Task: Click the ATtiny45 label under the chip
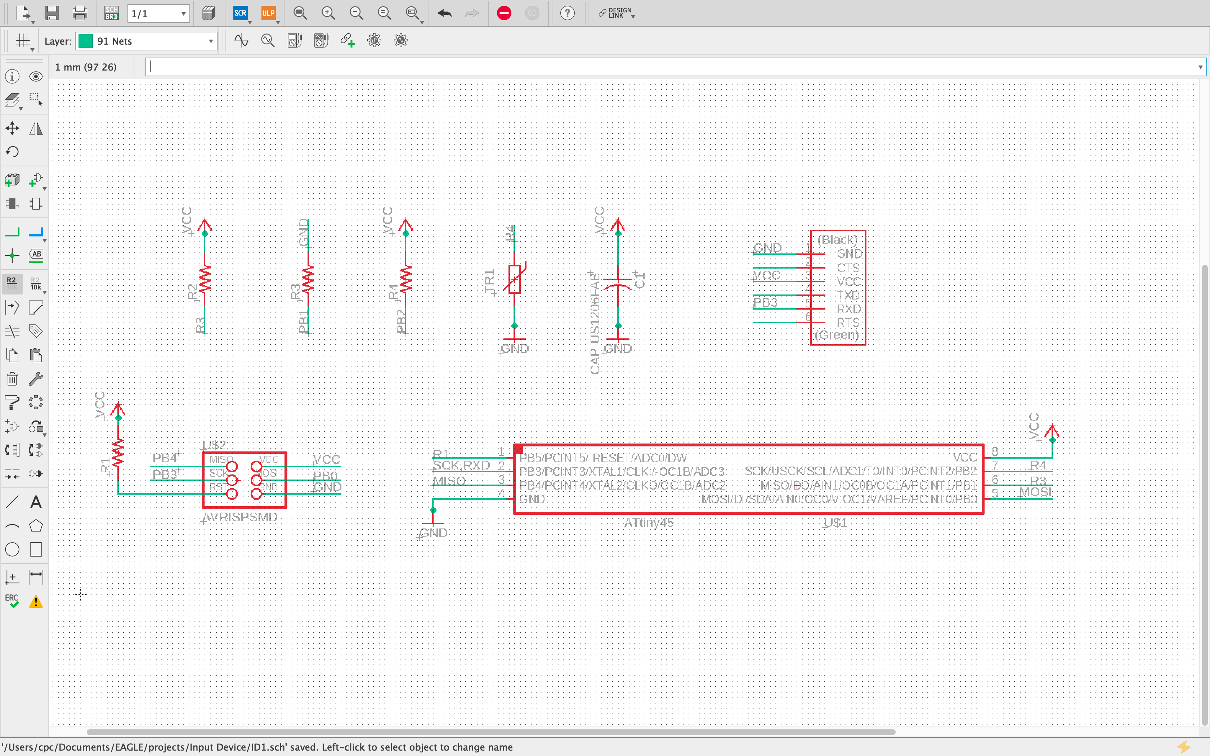pyautogui.click(x=649, y=523)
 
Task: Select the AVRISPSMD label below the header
pyautogui.click(x=240, y=517)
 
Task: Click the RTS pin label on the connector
pyautogui.click(x=848, y=323)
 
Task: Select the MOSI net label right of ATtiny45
pyautogui.click(x=1035, y=492)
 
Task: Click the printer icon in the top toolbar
pyautogui.click(x=80, y=13)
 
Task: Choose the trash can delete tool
pyautogui.click(x=12, y=378)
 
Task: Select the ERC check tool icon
pyautogui.click(x=12, y=600)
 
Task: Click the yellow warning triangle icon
pyautogui.click(x=36, y=602)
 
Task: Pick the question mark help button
pyautogui.click(x=567, y=13)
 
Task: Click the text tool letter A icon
pyautogui.click(x=36, y=502)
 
